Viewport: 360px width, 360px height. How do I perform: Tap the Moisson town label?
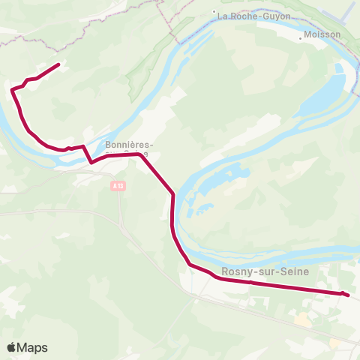[322, 34]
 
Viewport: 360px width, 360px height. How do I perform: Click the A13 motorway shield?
[118, 184]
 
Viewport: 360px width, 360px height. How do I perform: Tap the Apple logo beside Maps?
[11, 347]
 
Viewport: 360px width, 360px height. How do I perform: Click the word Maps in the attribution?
[32, 347]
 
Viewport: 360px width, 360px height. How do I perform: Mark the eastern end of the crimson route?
[349, 295]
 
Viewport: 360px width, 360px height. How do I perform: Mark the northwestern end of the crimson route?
[58, 64]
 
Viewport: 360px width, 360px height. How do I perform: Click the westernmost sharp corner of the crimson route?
[12, 91]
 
